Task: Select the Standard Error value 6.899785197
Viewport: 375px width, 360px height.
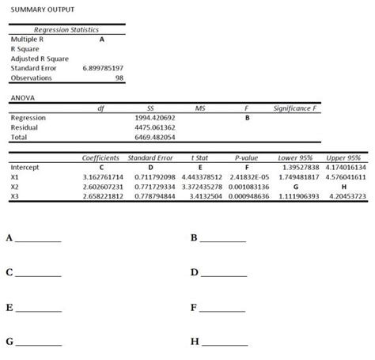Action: coord(103,68)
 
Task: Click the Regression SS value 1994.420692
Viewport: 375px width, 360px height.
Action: coord(155,117)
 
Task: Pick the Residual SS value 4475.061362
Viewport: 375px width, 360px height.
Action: coord(155,127)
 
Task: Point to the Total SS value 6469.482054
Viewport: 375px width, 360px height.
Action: coord(155,136)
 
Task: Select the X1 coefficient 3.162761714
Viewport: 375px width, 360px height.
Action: coord(103,177)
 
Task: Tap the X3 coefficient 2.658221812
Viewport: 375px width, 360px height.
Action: coord(103,195)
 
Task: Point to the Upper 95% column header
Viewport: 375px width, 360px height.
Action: coord(342,158)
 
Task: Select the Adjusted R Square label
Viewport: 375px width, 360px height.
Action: coord(39,59)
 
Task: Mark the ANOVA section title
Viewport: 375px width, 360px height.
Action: coord(23,97)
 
